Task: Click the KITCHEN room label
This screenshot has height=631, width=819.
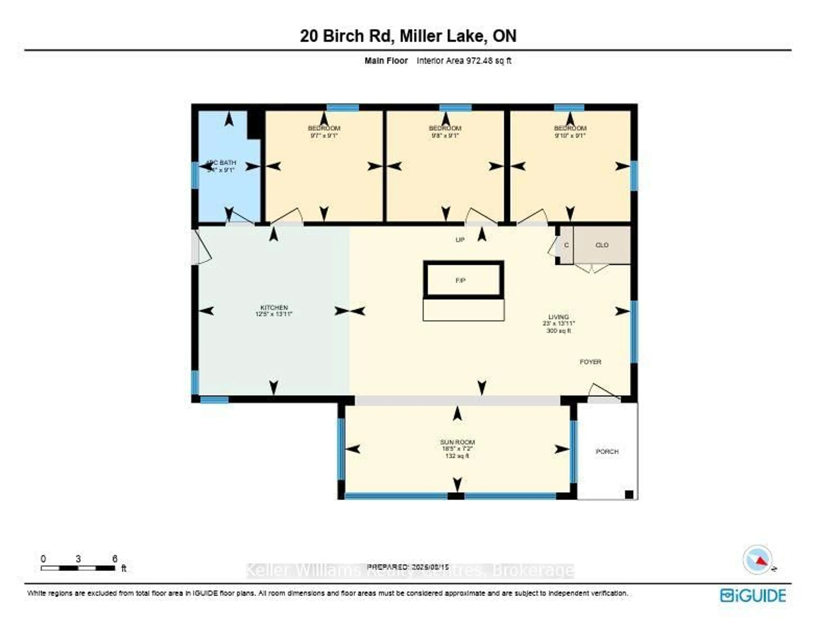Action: click(274, 308)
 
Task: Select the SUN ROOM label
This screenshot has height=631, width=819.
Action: click(457, 442)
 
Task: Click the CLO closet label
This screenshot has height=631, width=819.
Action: click(601, 245)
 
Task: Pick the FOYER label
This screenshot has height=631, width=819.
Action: click(590, 362)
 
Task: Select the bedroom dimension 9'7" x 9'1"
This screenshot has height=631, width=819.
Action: click(324, 135)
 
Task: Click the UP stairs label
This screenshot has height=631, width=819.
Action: click(460, 239)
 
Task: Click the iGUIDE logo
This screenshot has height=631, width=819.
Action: click(753, 595)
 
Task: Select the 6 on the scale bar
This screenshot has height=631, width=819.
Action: click(115, 559)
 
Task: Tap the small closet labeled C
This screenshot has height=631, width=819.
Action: click(566, 245)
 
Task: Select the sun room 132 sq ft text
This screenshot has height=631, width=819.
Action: click(457, 456)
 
